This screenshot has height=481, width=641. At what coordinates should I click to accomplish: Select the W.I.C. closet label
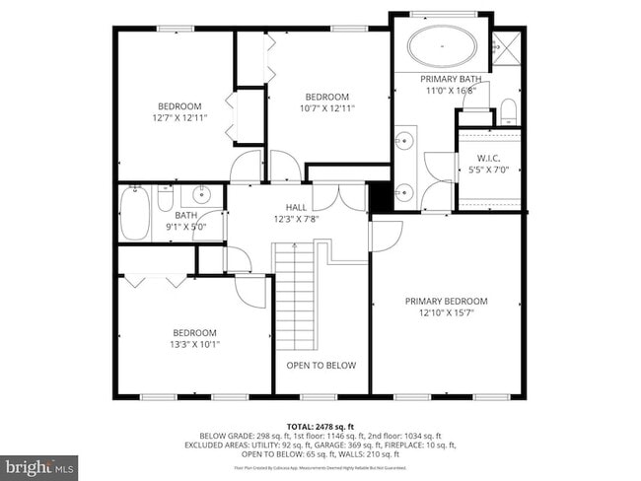(x=489, y=158)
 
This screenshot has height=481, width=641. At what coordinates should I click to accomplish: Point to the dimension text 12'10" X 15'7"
(x=447, y=313)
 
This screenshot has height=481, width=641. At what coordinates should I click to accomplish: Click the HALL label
(x=296, y=207)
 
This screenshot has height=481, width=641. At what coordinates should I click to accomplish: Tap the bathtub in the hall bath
(x=134, y=209)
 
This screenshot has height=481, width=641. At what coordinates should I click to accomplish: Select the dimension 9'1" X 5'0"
(x=186, y=226)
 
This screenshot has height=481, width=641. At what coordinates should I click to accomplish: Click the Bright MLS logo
(x=39, y=463)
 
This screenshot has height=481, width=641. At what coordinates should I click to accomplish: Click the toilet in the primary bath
(x=508, y=109)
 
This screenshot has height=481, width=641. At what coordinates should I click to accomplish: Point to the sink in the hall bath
(x=201, y=193)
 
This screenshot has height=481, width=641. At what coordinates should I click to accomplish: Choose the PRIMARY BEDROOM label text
(x=447, y=301)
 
